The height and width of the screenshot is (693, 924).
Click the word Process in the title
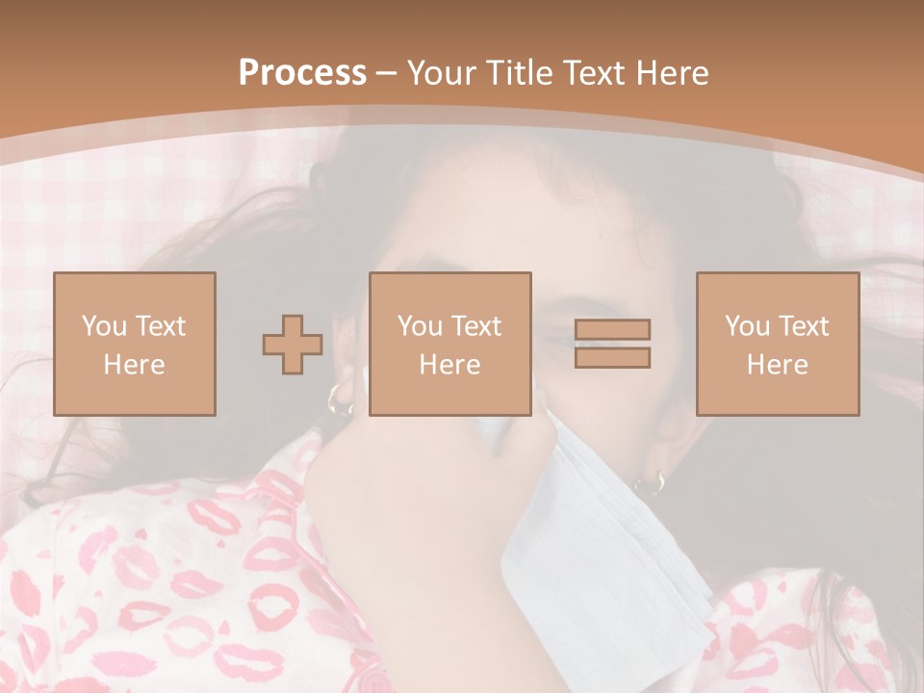click(302, 72)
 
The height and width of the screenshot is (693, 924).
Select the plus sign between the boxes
click(293, 345)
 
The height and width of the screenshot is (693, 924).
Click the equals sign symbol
click(612, 344)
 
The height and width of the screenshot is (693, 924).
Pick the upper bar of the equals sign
click(612, 330)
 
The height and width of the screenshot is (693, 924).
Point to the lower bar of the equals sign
click(612, 357)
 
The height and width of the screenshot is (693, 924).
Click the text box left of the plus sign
click(135, 344)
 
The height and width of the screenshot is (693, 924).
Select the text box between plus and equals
click(450, 344)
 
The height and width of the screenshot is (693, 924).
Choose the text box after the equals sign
click(778, 344)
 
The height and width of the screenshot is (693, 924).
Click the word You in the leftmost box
click(102, 326)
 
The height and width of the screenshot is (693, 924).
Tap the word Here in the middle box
click(450, 365)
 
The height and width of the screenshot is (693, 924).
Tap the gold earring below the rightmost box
click(651, 480)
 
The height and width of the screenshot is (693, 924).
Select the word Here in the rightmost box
click(778, 365)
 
